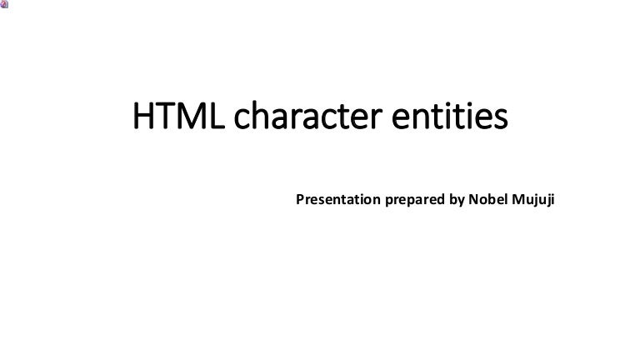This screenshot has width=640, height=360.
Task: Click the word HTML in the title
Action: [x=177, y=117]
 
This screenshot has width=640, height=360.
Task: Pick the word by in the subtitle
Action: [x=455, y=200]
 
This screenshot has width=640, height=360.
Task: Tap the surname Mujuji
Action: [x=536, y=201]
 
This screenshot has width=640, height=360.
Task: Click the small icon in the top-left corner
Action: [x=4, y=4]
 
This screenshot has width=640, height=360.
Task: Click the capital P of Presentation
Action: [x=301, y=200]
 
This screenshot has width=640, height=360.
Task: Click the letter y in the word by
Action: [x=459, y=202]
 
